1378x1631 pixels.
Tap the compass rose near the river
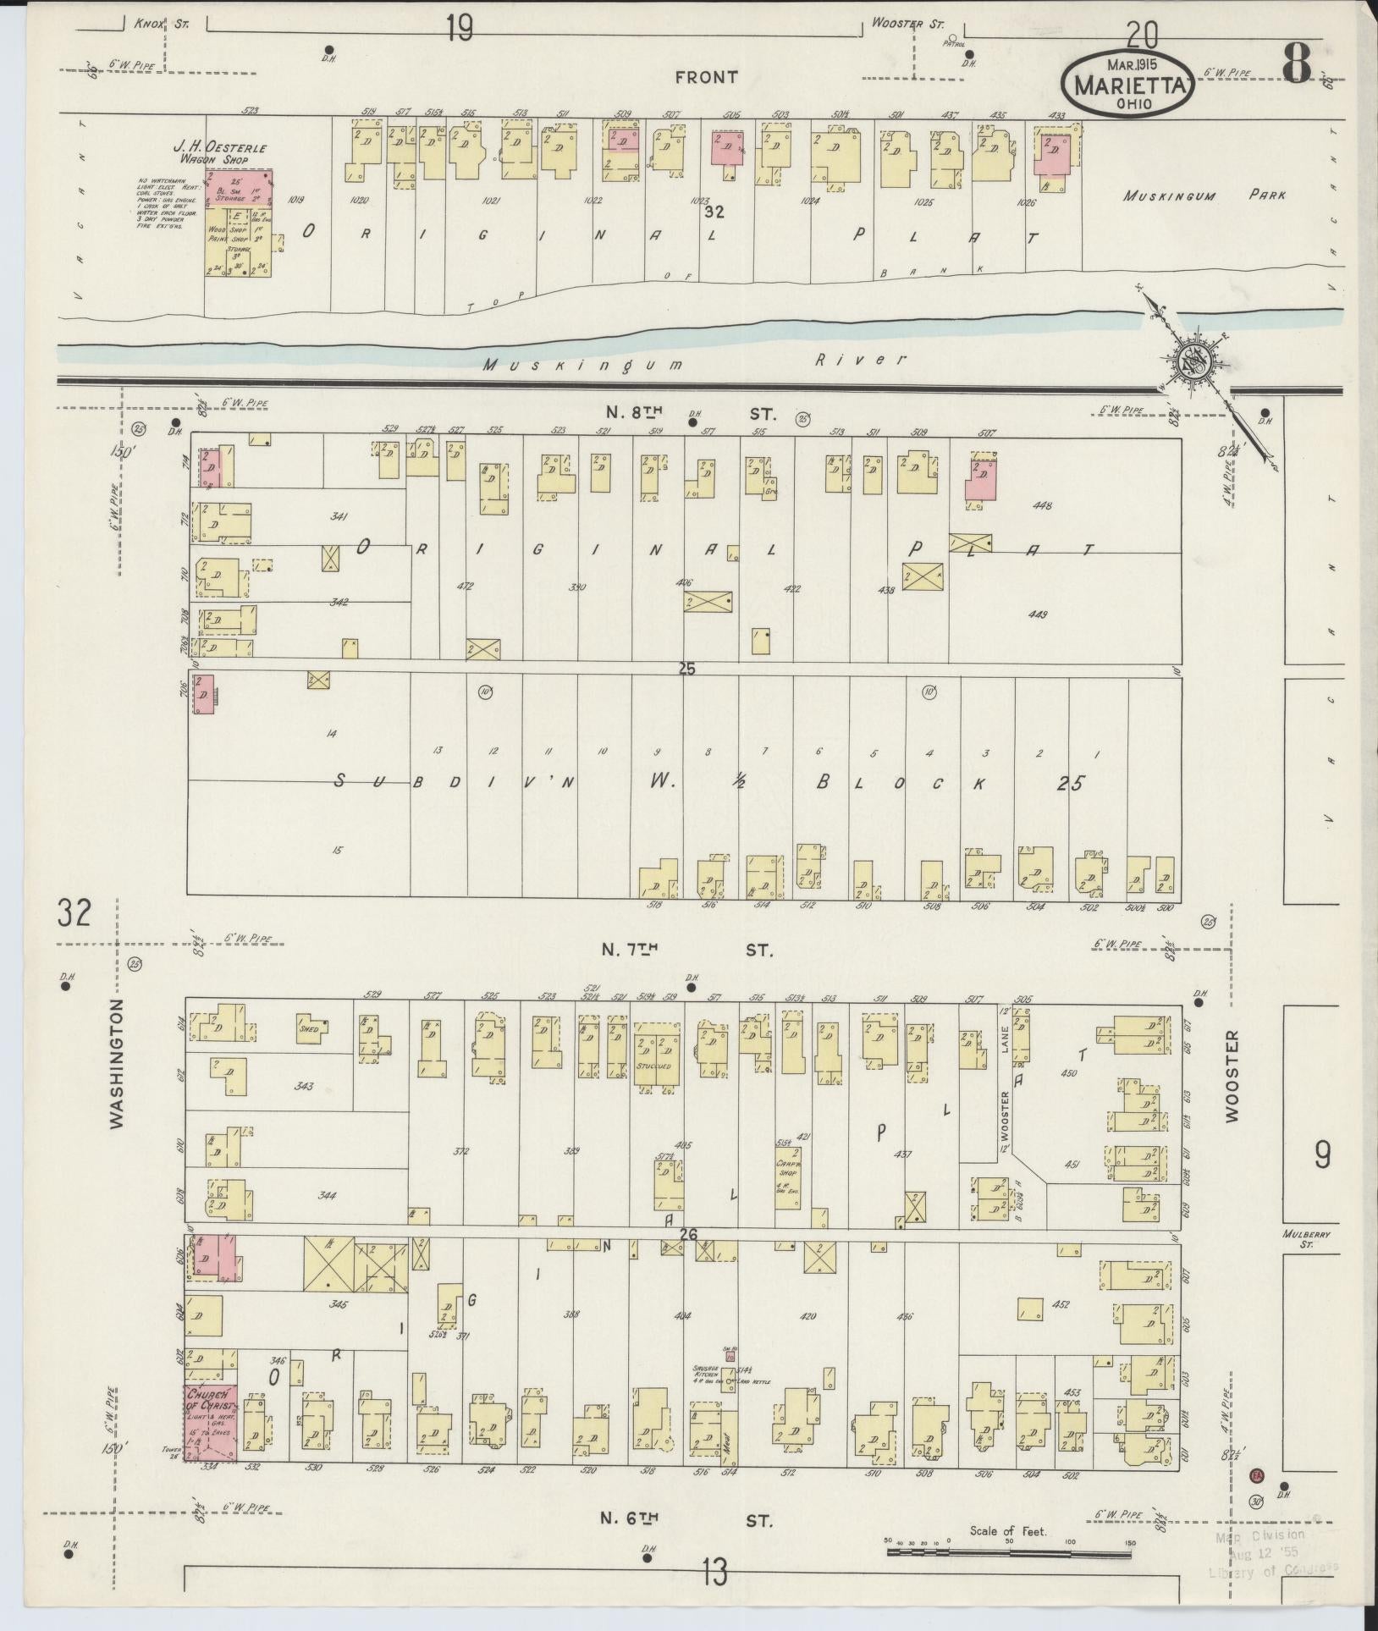[x=1191, y=362]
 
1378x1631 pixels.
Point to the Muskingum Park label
[x=1204, y=196]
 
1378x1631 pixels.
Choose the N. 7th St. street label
[x=687, y=950]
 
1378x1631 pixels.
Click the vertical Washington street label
[x=117, y=1063]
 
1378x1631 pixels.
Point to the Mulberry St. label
[x=1306, y=1238]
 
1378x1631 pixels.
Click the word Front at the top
[x=706, y=77]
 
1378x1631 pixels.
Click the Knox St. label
[x=162, y=24]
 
